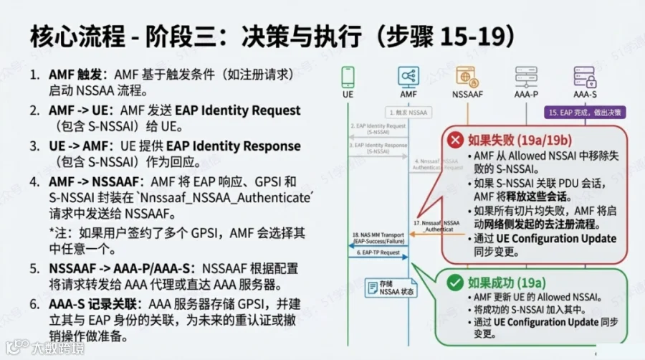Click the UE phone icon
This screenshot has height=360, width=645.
(348, 76)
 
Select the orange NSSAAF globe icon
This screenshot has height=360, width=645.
(467, 76)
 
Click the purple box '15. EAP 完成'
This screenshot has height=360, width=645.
(586, 113)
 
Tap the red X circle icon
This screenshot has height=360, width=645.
(454, 139)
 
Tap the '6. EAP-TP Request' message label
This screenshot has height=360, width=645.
(376, 253)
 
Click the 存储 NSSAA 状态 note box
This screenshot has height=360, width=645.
(390, 288)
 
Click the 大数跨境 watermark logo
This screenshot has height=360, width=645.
(44, 348)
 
